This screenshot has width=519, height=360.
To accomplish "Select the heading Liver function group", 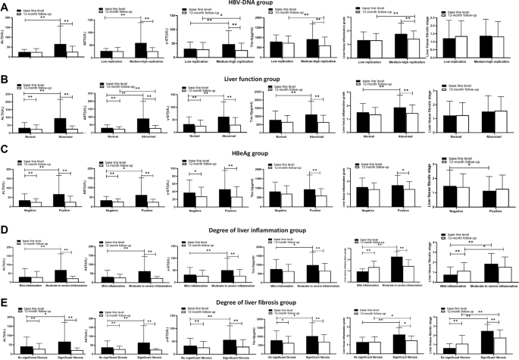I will point(258,78).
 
